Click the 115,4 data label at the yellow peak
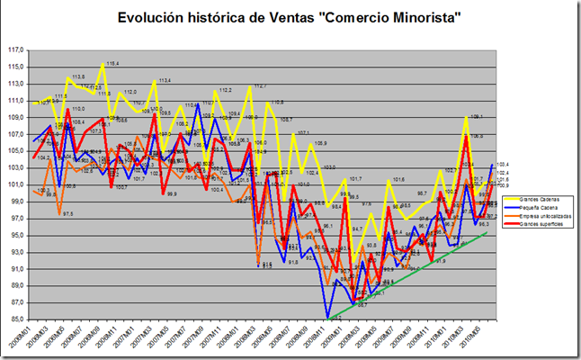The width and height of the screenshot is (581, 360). click(x=112, y=64)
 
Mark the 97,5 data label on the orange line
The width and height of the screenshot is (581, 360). click(x=67, y=214)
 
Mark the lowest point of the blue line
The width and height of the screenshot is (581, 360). click(x=328, y=317)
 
